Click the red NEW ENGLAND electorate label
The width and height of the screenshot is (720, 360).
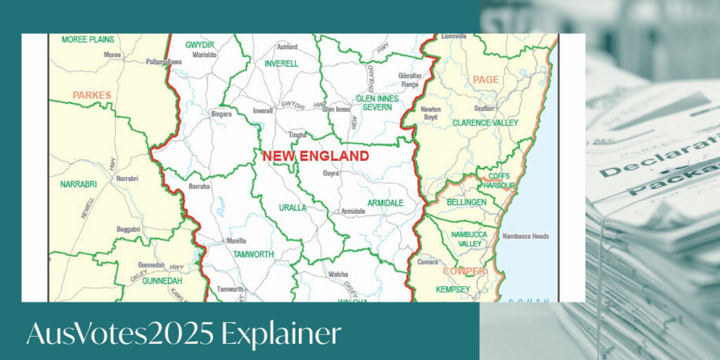click(x=316, y=156)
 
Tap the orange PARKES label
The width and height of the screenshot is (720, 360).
click(x=91, y=95)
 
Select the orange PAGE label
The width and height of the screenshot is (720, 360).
click(x=485, y=79)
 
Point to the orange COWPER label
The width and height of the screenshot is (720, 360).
click(x=464, y=271)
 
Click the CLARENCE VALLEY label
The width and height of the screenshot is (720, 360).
click(x=485, y=122)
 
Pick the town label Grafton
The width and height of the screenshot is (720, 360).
click(x=484, y=109)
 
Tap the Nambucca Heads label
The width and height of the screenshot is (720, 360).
click(x=525, y=236)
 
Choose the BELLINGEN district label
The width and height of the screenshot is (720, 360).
click(x=466, y=202)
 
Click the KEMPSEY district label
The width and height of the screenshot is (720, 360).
click(x=453, y=289)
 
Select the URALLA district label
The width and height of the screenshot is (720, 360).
click(x=292, y=208)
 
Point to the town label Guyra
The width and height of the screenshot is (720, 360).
click(x=330, y=173)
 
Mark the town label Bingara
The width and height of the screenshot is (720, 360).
click(x=221, y=113)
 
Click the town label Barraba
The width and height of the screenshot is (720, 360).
click(x=200, y=186)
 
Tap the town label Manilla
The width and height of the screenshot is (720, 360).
click(x=236, y=241)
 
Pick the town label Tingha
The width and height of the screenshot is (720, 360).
click(x=297, y=134)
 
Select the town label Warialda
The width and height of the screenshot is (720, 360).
click(x=205, y=53)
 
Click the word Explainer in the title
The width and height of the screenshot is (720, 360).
click(x=281, y=335)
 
